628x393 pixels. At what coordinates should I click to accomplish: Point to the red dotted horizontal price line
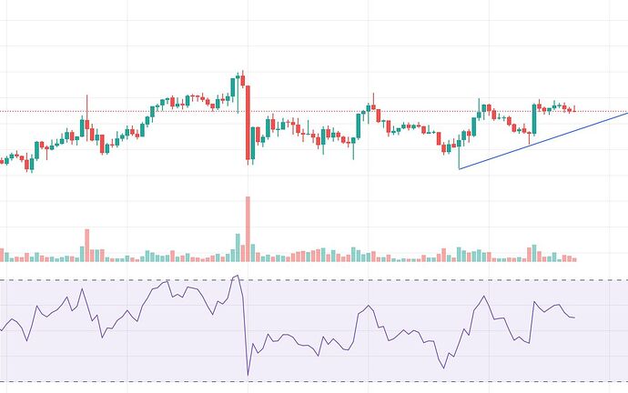(410, 112)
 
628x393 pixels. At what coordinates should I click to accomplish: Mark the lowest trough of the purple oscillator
(248, 374)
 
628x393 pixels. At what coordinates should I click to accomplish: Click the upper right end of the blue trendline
(627, 112)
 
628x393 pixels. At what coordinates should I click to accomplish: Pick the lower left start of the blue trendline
(460, 168)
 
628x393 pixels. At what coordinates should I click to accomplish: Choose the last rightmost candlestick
(573, 110)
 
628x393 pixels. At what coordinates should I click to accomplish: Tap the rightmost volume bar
(573, 259)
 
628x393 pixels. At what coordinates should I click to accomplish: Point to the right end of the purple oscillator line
(574, 317)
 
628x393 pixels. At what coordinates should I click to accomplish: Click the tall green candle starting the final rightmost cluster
(535, 119)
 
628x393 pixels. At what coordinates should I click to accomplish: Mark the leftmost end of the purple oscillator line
(1, 329)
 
